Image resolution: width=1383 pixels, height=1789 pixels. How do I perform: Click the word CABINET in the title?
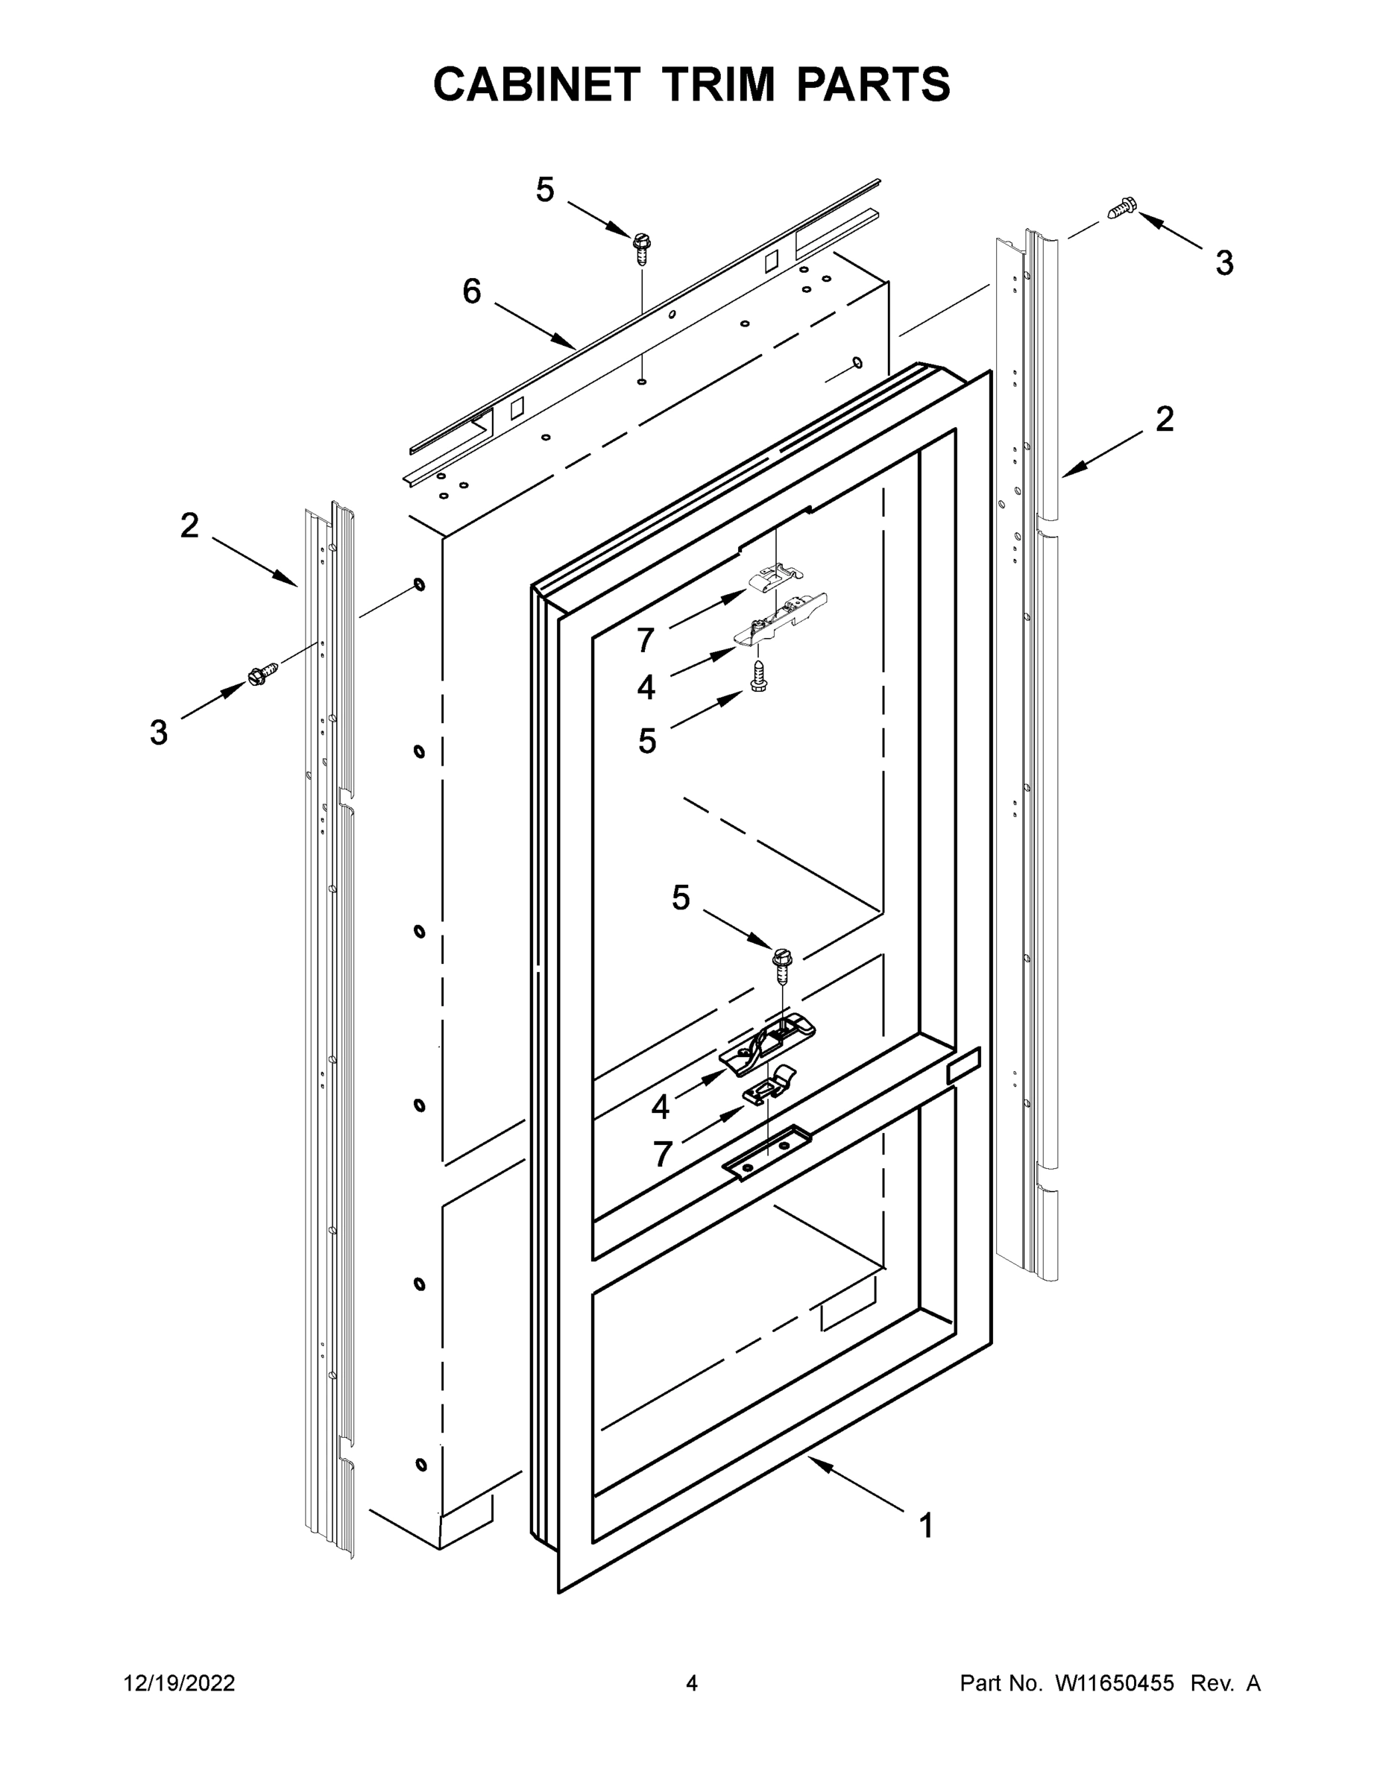tap(536, 84)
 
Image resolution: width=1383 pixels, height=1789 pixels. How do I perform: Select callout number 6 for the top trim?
tap(472, 291)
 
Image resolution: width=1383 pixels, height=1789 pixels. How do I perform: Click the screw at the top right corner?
tap(1121, 208)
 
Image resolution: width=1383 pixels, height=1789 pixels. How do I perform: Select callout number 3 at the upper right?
tap(1223, 263)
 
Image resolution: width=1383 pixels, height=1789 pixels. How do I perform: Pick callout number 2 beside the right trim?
tap(1165, 419)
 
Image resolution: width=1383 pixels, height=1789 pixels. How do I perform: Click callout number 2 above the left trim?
tap(189, 525)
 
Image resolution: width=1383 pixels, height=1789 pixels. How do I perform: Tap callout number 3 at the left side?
tap(159, 731)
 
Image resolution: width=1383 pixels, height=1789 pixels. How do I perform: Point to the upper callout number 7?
tap(646, 640)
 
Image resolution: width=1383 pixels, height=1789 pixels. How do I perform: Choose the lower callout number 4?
tap(661, 1108)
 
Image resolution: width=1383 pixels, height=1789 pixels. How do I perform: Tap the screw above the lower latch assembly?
tap(782, 963)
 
